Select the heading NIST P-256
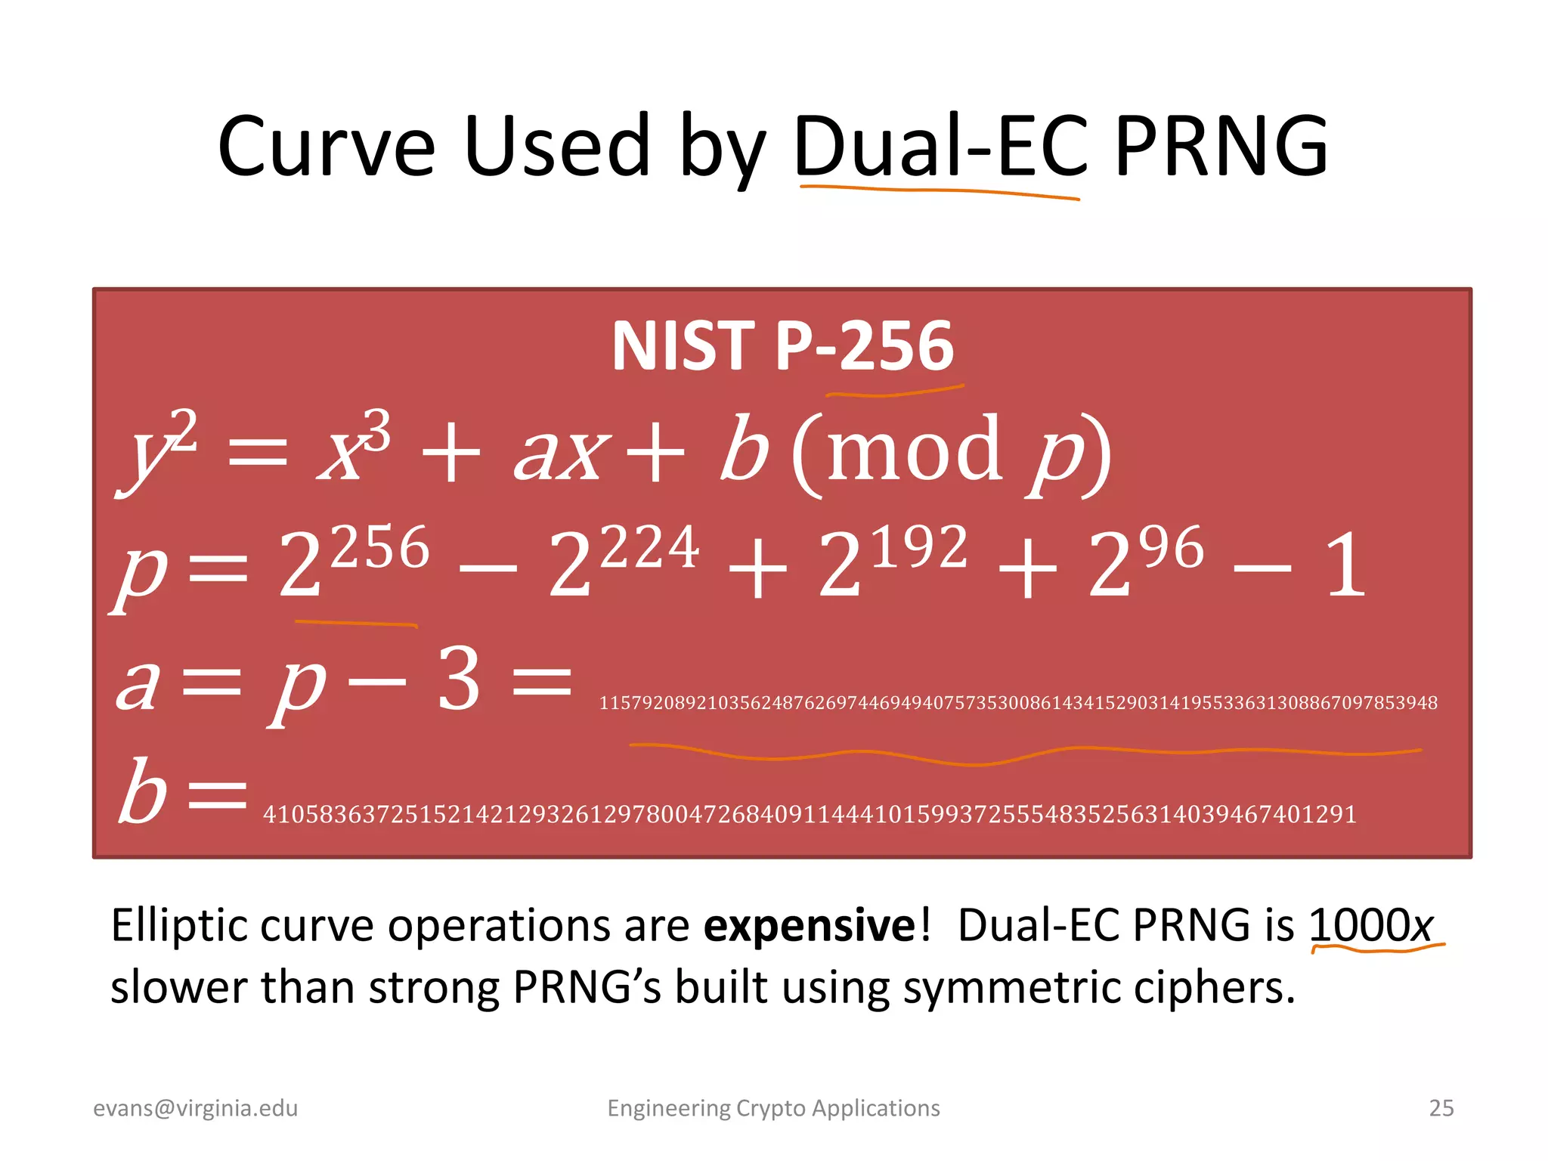coord(782,345)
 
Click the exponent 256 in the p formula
coord(380,548)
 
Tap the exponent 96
coord(1172,548)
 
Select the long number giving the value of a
coord(1017,703)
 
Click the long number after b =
coord(810,815)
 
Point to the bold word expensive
coord(810,925)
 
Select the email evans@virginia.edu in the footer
coord(196,1108)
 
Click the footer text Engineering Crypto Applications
coord(773,1108)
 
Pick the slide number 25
coord(1441,1108)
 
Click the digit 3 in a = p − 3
coord(459,680)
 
